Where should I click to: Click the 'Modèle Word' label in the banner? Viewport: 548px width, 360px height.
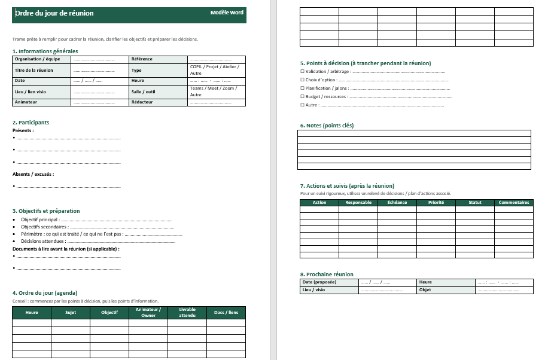coord(227,13)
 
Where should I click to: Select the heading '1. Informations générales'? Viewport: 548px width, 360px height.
coord(45,51)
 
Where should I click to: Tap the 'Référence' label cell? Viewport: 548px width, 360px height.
coord(142,59)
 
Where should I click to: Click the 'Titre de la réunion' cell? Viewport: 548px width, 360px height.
coord(34,70)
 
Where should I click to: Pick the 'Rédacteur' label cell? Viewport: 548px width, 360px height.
coord(142,102)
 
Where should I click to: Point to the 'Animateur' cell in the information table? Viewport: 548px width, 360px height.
coord(26,102)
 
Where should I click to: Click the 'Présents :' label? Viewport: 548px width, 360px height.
coord(23,130)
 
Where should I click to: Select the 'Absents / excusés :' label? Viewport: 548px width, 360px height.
coord(34,174)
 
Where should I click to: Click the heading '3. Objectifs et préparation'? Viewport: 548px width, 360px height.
coord(46,211)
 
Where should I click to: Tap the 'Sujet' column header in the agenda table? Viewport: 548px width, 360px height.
coord(71,312)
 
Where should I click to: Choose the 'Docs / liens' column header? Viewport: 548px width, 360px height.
coord(226,312)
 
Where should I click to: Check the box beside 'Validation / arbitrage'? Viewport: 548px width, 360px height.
coord(302,71)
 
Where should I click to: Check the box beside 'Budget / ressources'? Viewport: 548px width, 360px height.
coord(302,96)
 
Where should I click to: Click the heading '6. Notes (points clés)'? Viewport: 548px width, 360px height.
coord(327,126)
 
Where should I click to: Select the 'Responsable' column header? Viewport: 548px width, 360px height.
coord(358,202)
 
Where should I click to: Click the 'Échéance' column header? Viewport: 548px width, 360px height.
coord(397,202)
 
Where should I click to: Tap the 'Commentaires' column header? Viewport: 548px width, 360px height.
coord(513,202)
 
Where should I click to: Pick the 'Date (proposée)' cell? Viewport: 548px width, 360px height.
coord(319,282)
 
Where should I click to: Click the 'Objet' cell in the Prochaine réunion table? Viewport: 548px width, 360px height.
coord(425,290)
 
